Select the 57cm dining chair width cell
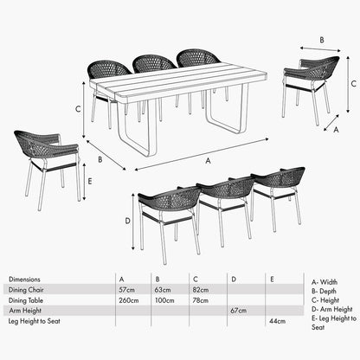pos(126,289)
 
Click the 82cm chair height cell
pos(201,289)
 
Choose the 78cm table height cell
pos(201,299)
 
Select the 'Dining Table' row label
pos(26,299)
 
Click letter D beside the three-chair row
pos(127,222)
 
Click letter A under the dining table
pos(206,160)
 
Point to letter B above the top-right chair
pos(321,40)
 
